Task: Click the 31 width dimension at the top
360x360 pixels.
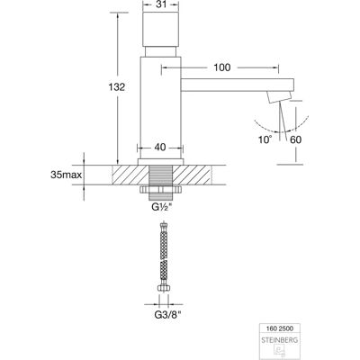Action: click(161, 4)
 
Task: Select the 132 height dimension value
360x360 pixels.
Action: click(116, 87)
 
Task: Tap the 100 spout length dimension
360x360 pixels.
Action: click(222, 67)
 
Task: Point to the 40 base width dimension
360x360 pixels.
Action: click(161, 148)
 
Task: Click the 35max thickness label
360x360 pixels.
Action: click(67, 175)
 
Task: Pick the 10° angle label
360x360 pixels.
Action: click(265, 139)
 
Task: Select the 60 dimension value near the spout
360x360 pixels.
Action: click(296, 139)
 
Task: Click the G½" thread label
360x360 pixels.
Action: click(161, 207)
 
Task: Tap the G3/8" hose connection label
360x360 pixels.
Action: click(168, 315)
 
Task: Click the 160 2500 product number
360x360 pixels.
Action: click(280, 328)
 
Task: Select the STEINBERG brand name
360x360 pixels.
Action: click(280, 340)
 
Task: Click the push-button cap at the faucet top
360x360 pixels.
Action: click(160, 30)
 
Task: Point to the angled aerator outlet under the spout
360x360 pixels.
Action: click(280, 97)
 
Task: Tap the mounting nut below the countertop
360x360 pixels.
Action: click(160, 190)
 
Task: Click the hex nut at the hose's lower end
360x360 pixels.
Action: click(164, 288)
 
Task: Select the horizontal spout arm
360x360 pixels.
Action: click(238, 85)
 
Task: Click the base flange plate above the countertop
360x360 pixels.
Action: click(160, 162)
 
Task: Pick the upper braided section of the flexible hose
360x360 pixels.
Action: click(164, 246)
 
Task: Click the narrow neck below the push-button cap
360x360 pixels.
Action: click(160, 51)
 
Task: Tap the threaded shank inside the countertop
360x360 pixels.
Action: click(161, 175)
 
